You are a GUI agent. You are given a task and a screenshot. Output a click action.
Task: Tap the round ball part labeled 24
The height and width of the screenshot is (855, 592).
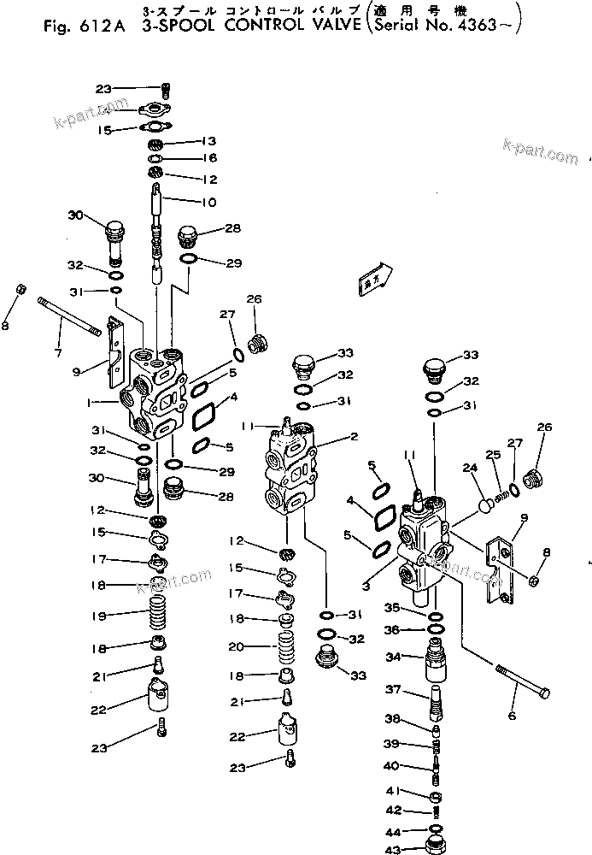[x=484, y=504]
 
